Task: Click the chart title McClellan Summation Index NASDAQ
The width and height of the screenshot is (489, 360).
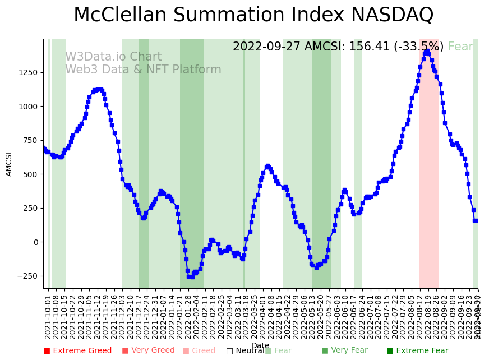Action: coord(253,15)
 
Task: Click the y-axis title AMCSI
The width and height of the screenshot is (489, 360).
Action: coord(9,164)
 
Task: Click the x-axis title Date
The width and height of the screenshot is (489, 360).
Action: coord(260,345)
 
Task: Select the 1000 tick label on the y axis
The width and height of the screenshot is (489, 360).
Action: coord(28,107)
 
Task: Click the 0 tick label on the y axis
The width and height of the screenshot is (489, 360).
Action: coord(35,242)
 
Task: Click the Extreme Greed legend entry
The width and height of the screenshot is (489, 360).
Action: coord(78,351)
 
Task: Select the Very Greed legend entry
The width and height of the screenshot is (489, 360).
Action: coord(149,351)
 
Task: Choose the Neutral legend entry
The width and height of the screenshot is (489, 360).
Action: coord(245,351)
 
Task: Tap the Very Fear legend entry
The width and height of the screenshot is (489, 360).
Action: coord(344,351)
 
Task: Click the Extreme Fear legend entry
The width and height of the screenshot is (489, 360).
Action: coord(417,351)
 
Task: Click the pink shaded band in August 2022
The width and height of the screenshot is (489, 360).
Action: coord(429,168)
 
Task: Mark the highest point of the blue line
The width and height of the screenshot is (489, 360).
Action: coord(427,51)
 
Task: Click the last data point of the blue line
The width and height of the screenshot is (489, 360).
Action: coord(476,220)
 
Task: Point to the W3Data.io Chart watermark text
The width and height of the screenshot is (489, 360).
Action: coord(113,57)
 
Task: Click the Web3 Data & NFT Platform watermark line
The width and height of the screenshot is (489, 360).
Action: coord(143,70)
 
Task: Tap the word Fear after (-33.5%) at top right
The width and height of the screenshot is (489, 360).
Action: coord(460,47)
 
